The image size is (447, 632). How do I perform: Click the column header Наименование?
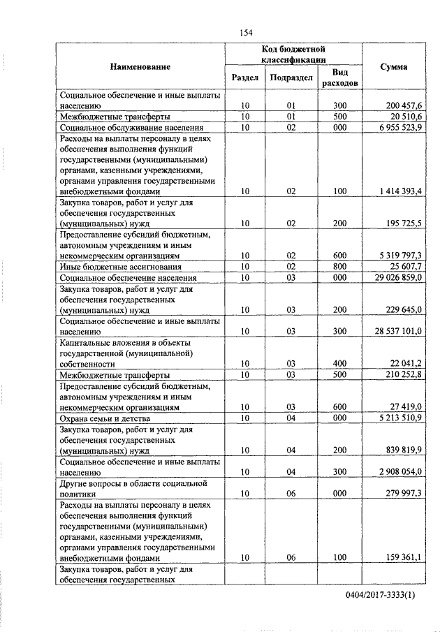[x=140, y=66]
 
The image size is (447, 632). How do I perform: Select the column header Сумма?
[x=394, y=66]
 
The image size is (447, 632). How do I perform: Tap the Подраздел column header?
[x=292, y=78]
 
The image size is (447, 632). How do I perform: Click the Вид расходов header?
[x=339, y=78]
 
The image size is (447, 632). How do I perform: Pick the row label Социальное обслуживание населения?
[x=132, y=128]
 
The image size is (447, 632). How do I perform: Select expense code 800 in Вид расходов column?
[x=339, y=266]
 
